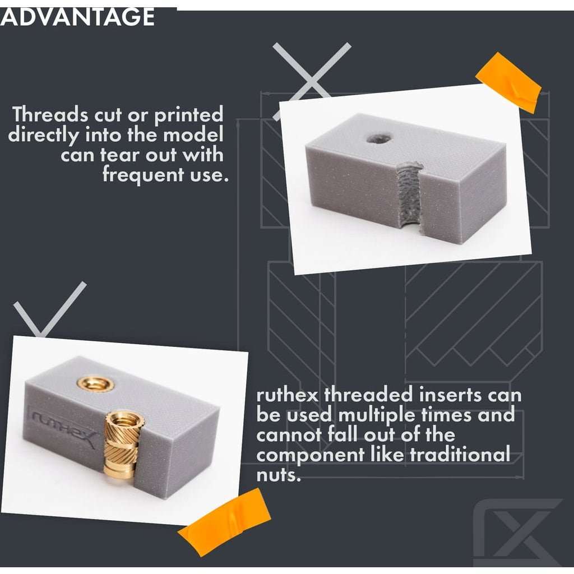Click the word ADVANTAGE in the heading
(x=77, y=17)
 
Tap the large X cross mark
(x=312, y=81)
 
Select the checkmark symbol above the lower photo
(x=50, y=309)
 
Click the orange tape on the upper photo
(x=508, y=82)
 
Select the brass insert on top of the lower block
(x=96, y=384)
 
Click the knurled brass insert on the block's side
(x=121, y=445)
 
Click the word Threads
(x=50, y=114)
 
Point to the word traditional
(x=460, y=455)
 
